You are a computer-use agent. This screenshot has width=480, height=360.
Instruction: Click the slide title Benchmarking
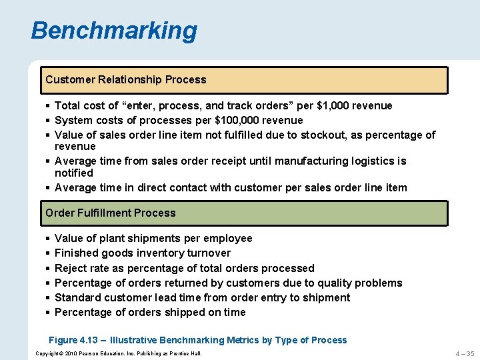[x=114, y=31]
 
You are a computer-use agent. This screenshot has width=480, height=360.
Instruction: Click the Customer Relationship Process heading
[x=126, y=79]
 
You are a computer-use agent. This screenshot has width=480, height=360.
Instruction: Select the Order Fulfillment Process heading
[x=111, y=213]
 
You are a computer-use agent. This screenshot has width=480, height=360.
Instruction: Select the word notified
[x=74, y=173]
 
